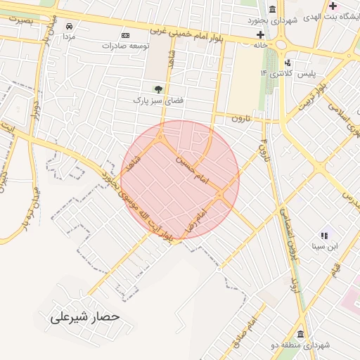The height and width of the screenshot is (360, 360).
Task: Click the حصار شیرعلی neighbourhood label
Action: (85, 318)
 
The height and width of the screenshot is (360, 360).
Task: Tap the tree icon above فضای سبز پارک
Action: (158, 89)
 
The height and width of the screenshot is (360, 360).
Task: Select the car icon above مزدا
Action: (69, 25)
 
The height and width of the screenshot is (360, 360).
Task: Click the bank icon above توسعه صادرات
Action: (126, 36)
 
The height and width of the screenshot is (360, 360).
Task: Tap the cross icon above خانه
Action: (260, 34)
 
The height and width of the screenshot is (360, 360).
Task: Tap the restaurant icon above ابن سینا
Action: (324, 236)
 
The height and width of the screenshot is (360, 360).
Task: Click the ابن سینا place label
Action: (326, 246)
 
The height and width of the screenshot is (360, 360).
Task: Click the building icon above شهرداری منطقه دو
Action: (300, 334)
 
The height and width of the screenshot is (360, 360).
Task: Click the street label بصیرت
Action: (21, 21)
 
